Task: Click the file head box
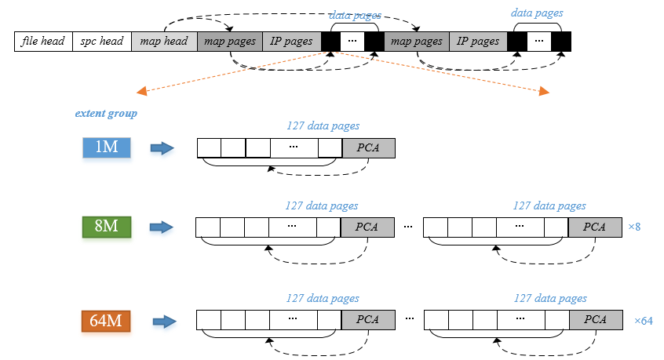click(44, 42)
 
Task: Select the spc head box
click(102, 42)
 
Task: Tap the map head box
click(164, 42)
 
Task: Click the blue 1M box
click(107, 147)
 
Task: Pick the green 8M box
click(107, 227)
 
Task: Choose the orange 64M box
click(106, 321)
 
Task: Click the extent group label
click(106, 114)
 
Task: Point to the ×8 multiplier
click(634, 227)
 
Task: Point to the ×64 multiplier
click(644, 321)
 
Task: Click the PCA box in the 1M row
click(368, 148)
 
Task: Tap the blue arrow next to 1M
click(162, 148)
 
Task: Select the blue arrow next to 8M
click(162, 227)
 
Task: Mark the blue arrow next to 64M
click(164, 322)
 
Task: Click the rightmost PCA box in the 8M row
click(595, 227)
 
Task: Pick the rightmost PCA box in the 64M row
click(596, 320)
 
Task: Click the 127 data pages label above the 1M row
click(323, 126)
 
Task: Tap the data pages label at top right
click(537, 13)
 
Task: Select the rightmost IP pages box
click(478, 42)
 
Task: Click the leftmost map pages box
click(230, 42)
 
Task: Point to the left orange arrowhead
click(141, 91)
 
